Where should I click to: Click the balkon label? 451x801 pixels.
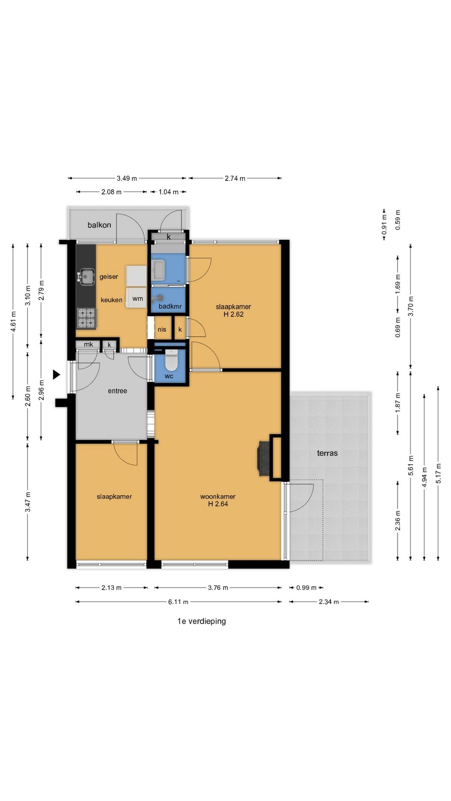pyautogui.click(x=99, y=225)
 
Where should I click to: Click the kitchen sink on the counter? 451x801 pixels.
pyautogui.click(x=86, y=276)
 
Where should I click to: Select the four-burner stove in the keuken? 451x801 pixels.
pyautogui.click(x=86, y=318)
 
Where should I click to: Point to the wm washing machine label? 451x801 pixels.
pyautogui.click(x=138, y=298)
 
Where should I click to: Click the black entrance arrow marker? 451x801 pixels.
pyautogui.click(x=56, y=375)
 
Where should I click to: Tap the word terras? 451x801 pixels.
pyautogui.click(x=327, y=453)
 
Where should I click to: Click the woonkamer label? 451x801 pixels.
pyautogui.click(x=218, y=496)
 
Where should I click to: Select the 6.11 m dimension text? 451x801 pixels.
pyautogui.click(x=178, y=602)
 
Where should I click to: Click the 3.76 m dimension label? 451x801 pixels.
pyautogui.click(x=218, y=588)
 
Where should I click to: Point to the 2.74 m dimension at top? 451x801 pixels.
pyautogui.click(x=235, y=179)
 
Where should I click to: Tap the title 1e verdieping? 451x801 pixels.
pyautogui.click(x=202, y=621)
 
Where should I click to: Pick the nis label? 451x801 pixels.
pyautogui.click(x=162, y=329)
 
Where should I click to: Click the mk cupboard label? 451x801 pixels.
pyautogui.click(x=89, y=345)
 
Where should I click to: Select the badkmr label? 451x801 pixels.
pyautogui.click(x=170, y=307)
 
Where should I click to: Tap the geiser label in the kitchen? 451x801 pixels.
pyautogui.click(x=109, y=277)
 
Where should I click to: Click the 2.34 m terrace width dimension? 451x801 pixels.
pyautogui.click(x=329, y=602)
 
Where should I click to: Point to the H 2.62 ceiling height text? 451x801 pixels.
pyautogui.click(x=233, y=315)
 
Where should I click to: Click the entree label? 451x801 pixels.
pyautogui.click(x=117, y=391)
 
